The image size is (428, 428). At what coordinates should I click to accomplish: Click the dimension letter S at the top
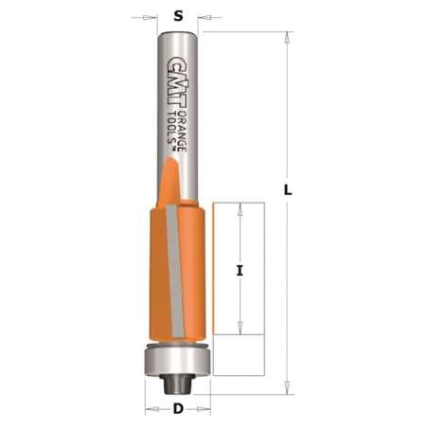[177, 15]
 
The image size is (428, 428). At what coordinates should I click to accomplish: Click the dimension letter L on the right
[288, 189]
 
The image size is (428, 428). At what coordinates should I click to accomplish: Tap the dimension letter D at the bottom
[177, 412]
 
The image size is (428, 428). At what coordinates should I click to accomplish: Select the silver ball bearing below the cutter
[177, 361]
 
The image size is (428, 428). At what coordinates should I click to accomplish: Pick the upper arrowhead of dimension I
[240, 208]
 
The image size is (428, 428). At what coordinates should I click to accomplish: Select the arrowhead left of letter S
[152, 16]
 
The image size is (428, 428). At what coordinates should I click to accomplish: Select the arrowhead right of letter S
[204, 16]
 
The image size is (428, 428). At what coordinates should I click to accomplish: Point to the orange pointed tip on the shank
[170, 175]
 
